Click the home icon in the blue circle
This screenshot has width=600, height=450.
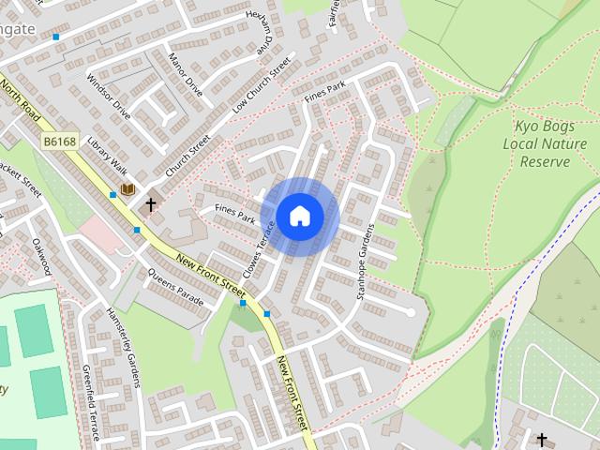pos(299,216)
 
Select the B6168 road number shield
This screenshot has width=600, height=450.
pos(60,142)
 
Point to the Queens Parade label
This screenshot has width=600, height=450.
pos(175,288)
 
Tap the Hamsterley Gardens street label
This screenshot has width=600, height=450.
pos(122,348)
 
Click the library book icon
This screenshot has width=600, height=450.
pos(127,189)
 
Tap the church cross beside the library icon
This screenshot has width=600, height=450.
pos(150,202)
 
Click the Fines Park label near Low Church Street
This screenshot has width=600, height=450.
pos(325,93)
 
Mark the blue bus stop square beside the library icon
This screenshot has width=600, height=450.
pos(112,195)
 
